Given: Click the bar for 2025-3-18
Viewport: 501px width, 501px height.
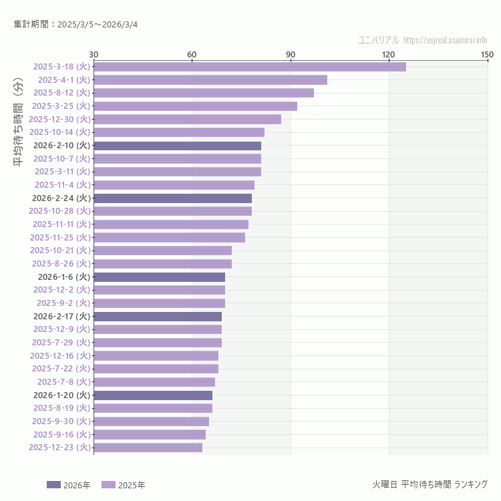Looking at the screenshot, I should point(249,67).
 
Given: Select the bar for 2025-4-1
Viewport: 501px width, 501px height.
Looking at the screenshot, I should point(210,79).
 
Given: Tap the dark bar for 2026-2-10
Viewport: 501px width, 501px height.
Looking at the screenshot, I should point(177,146).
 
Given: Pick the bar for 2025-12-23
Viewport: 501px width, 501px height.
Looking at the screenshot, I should point(148,448).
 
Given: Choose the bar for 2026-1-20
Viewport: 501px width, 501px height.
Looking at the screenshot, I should point(153,395).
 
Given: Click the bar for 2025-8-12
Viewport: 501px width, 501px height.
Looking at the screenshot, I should point(204,93).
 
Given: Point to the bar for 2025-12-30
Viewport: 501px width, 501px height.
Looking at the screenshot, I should point(187,119).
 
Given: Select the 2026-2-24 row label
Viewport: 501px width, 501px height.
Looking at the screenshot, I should point(61,198).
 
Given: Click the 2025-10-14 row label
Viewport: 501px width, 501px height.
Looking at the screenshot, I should point(59,132).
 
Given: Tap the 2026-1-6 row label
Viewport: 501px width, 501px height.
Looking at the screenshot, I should point(63,277).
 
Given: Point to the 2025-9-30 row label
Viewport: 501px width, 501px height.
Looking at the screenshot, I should point(62,421).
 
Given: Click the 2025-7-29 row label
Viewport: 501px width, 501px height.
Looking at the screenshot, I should point(62,342).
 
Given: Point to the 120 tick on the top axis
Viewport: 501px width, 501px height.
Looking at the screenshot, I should point(389,54).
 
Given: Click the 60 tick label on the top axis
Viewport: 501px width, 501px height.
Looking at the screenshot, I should point(192,54).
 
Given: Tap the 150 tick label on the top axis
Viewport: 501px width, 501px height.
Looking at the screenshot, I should point(487,54).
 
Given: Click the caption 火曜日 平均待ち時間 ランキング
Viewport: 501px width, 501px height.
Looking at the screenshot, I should point(430,484).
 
